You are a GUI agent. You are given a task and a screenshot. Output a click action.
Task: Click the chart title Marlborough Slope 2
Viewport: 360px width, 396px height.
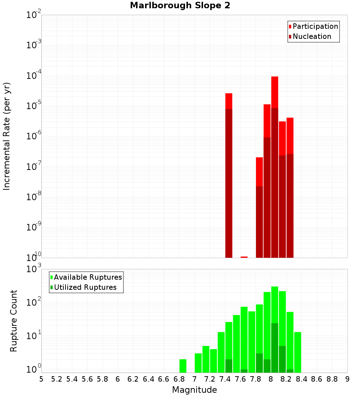pos(180,6)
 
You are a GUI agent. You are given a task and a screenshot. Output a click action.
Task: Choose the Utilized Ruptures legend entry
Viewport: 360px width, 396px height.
pos(85,287)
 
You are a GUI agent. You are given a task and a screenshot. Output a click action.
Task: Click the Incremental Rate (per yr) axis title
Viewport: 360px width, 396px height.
pos(7,136)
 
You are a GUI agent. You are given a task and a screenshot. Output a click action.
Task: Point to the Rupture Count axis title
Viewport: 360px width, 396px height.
pos(14,321)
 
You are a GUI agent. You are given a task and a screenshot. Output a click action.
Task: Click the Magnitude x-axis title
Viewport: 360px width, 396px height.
pos(194,390)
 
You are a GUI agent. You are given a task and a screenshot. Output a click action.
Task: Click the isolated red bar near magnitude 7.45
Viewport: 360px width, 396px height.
pos(229,101)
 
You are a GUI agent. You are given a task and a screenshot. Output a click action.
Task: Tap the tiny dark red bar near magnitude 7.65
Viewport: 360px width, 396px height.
pos(244,257)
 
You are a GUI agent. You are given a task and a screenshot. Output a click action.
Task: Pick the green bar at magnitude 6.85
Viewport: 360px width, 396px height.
pos(183,365)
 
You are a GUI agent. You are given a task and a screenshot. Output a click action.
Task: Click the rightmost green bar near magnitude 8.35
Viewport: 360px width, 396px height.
pos(298,352)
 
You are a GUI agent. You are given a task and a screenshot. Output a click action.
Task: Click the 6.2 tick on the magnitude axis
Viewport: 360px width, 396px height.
pos(133,379)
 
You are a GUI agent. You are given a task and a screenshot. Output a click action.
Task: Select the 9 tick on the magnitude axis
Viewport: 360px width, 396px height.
pos(347,379)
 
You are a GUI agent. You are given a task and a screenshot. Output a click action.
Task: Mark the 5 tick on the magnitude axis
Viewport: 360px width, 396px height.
pos(41,379)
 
